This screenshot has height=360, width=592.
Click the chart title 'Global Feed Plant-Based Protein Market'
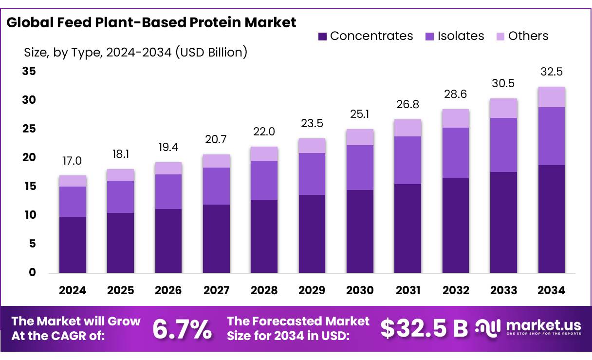point(151,22)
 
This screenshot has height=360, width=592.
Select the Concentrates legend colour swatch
point(322,36)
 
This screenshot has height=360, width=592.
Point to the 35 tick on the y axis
point(29,72)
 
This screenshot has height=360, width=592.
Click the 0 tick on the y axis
point(33,272)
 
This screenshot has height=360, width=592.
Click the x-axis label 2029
point(312,290)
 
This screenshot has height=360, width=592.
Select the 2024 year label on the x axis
point(73,290)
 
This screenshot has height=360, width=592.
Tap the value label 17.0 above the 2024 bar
point(73,161)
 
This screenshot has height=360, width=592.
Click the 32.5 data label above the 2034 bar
point(551,72)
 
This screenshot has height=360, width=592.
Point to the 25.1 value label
point(360,114)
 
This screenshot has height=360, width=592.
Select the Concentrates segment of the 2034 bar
point(551,219)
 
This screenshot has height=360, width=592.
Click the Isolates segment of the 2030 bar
point(360,167)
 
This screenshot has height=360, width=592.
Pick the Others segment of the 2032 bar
point(456,118)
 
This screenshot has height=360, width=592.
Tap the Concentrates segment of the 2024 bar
point(73,245)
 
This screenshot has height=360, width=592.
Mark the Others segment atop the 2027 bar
point(216,161)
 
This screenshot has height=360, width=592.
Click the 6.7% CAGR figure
point(182,329)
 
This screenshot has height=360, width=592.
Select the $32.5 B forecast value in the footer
point(424,329)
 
